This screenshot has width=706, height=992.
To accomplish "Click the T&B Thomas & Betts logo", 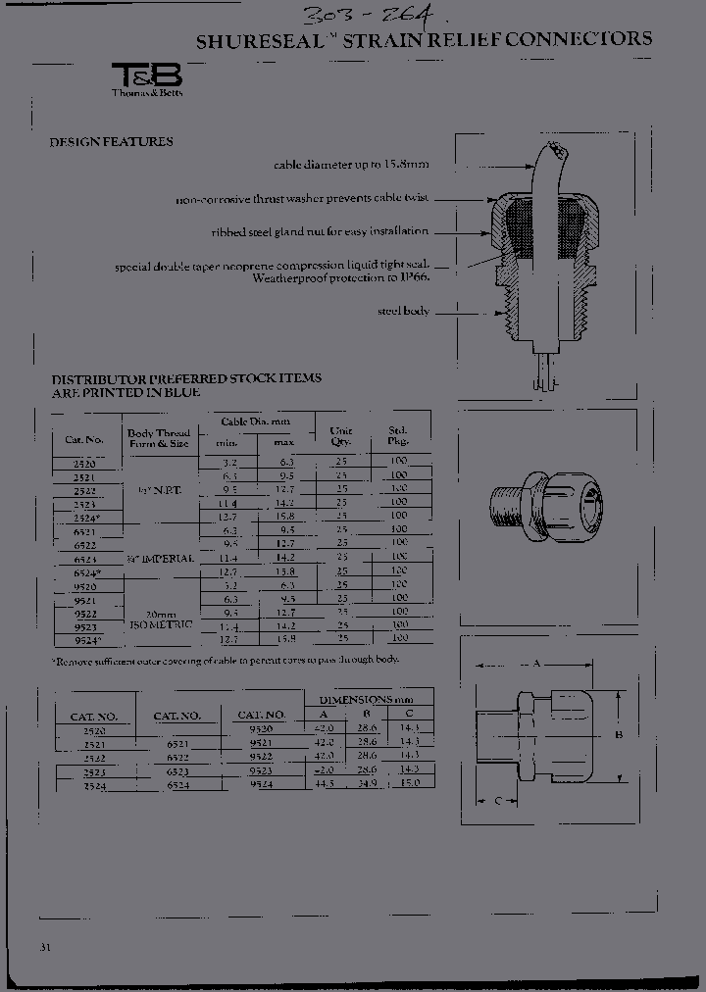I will [x=147, y=79].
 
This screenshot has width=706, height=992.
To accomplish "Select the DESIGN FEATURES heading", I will [x=111, y=142].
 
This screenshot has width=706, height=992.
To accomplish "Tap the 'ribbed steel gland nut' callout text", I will [x=319, y=232].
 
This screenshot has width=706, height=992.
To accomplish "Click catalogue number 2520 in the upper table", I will [x=85, y=460].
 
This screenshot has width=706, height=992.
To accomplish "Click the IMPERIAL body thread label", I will [x=161, y=558].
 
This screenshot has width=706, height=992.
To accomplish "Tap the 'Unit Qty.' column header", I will [x=341, y=435].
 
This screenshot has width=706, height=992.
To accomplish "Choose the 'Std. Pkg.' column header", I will [x=398, y=435].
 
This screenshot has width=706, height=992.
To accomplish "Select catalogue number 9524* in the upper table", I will [x=86, y=639].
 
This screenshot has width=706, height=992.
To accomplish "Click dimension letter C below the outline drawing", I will [x=498, y=801].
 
